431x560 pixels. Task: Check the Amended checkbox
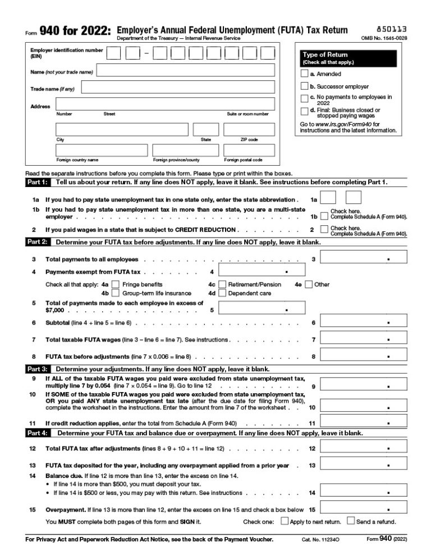pos(304,74)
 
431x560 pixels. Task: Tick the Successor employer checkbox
pos(304,86)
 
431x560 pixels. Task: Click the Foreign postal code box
pos(249,151)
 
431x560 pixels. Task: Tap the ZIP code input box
pos(249,130)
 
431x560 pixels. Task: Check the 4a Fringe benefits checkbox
pos(116,284)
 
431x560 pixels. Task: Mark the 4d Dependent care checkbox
pos(222,293)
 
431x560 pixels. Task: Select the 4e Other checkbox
pos(309,284)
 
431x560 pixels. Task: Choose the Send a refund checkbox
pos(351,521)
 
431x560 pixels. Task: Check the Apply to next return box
pos(285,521)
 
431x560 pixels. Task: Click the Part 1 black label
pos(38,183)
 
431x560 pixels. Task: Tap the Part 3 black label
pos(38,369)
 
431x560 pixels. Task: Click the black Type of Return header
pos(349,58)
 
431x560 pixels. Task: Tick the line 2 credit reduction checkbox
pos(324,229)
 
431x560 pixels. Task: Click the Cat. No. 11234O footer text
pos(319,539)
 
